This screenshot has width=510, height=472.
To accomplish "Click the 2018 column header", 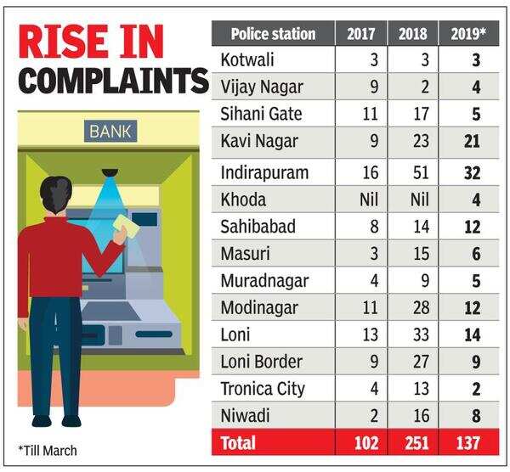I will pyautogui.click(x=413, y=34).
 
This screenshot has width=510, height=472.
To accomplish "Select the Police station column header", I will pyautogui.click(x=273, y=34).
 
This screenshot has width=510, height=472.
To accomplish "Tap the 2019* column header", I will pyautogui.click(x=467, y=34).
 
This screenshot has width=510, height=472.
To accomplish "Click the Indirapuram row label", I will pyautogui.click(x=264, y=172).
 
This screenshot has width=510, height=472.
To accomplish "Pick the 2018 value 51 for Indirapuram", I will pyautogui.click(x=419, y=172).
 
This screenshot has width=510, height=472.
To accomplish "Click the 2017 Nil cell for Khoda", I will pyautogui.click(x=367, y=199).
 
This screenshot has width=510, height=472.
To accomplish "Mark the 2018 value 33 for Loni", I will pyautogui.click(x=419, y=335).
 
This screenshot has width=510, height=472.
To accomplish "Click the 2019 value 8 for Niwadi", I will pyautogui.click(x=475, y=417).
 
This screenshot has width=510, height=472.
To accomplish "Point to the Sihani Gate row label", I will pyautogui.click(x=260, y=112).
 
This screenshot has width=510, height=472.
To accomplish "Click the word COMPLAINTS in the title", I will pyautogui.click(x=114, y=81).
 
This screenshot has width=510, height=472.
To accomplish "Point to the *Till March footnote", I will pyautogui.click(x=48, y=450).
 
